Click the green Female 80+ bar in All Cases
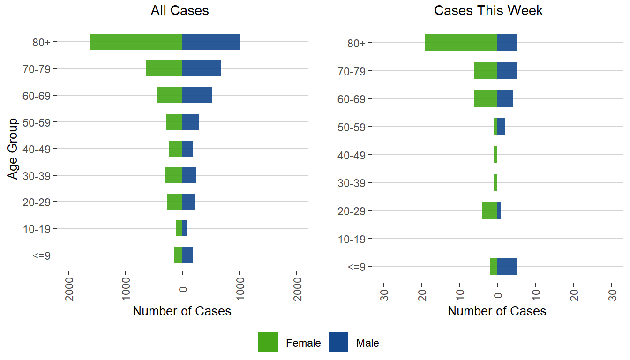pyautogui.click(x=136, y=42)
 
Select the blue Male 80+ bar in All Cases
pyautogui.click(x=211, y=42)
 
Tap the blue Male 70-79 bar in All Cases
pyautogui.click(x=202, y=68)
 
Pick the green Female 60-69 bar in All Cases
pyautogui.click(x=170, y=95)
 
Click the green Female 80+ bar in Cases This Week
pyautogui.click(x=461, y=43)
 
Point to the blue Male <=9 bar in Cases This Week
pyautogui.click(x=507, y=266)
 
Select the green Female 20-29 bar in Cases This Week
pyautogui.click(x=490, y=210)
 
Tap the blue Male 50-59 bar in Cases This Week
pyautogui.click(x=501, y=127)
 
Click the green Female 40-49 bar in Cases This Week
pyautogui.click(x=495, y=155)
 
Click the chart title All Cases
pyautogui.click(x=180, y=11)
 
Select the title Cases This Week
pyautogui.click(x=488, y=11)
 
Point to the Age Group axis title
pyautogui.click(x=13, y=149)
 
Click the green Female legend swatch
pyautogui.click(x=268, y=342)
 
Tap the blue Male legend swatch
pyautogui.click(x=338, y=342)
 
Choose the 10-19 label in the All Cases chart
pyautogui.click(x=40, y=229)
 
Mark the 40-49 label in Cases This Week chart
pyautogui.click(x=352, y=155)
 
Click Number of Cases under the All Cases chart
pyautogui.click(x=182, y=311)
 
